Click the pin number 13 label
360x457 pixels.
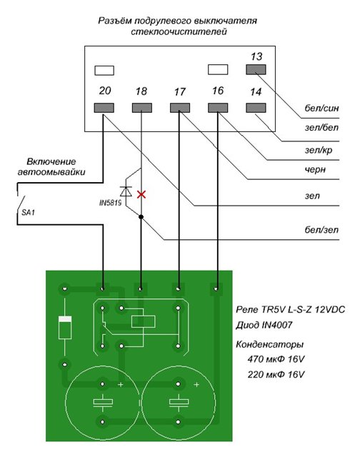pos(256,56)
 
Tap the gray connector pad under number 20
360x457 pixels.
pos(104,108)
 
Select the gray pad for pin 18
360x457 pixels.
pos(141,108)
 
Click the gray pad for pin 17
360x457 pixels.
pos(179,108)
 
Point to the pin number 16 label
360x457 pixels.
pos(218,91)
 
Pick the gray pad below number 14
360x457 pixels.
pos(256,108)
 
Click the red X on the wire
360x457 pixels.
pos(141,194)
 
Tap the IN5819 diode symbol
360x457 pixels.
pos(126,191)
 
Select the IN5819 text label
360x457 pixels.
pos(111,203)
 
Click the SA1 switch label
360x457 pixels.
pos(28,213)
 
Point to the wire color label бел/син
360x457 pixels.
pos(321,109)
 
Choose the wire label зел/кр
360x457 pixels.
pos(319,150)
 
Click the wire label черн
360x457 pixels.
pos(315,169)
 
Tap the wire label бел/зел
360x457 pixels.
pos(321,230)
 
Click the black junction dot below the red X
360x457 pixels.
pos(141,217)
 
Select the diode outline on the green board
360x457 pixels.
pos(65,328)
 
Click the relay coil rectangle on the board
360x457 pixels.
pos(144,322)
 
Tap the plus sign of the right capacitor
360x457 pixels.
pos(196,385)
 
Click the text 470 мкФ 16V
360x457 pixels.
pos(276,359)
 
